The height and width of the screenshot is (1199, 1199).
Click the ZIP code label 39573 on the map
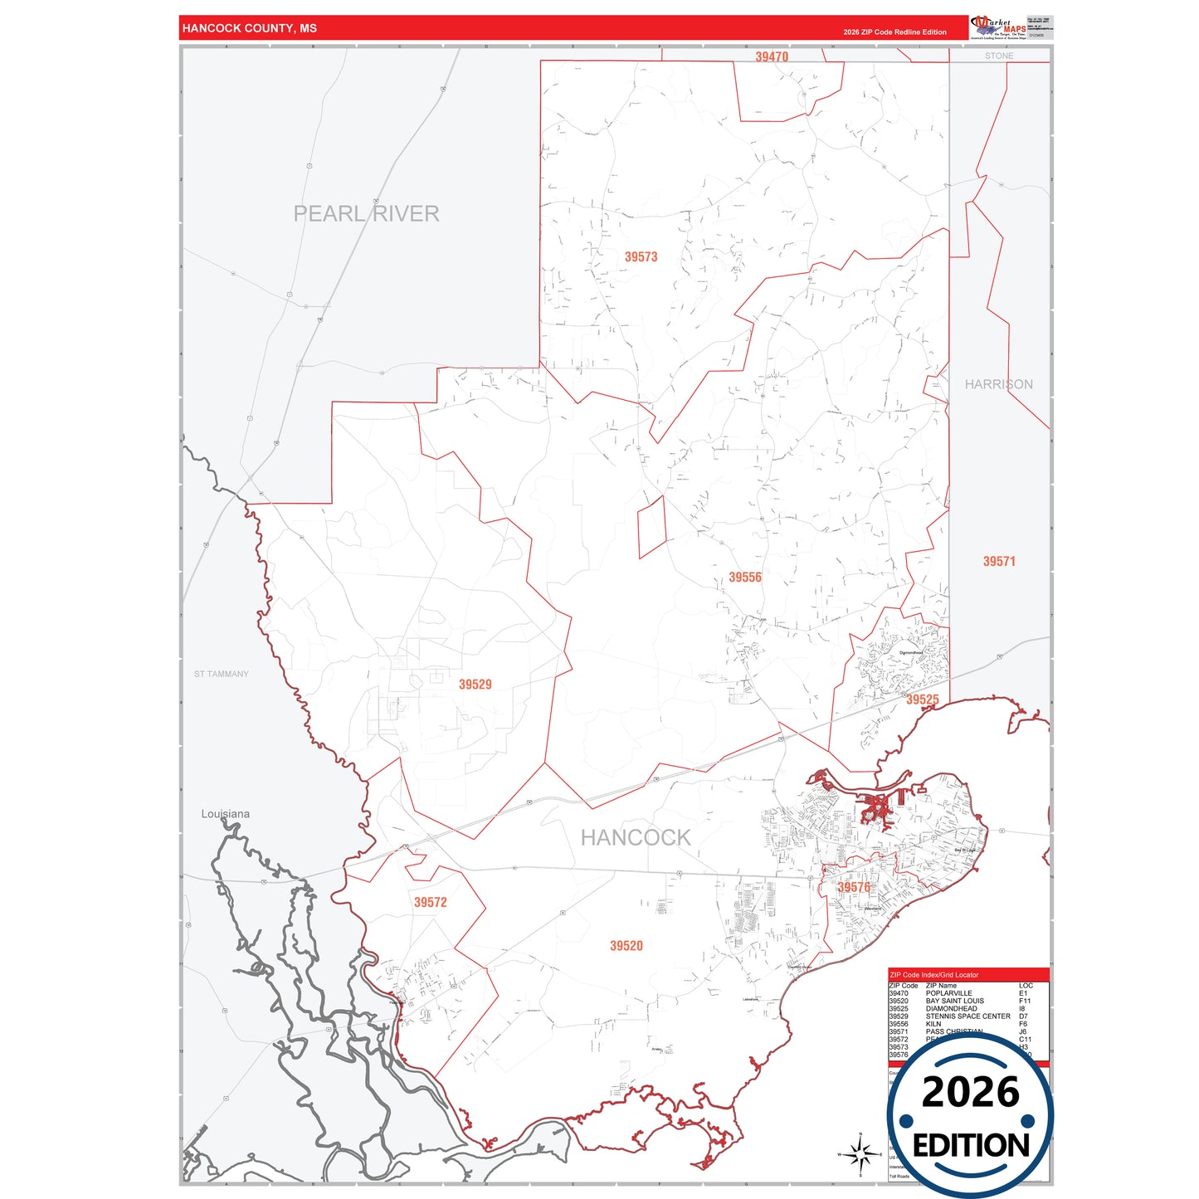[x=641, y=257]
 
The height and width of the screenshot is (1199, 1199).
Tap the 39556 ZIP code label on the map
[x=744, y=578]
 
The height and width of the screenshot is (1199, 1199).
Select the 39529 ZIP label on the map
[x=475, y=685]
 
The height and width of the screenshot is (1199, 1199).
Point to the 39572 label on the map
[x=430, y=902]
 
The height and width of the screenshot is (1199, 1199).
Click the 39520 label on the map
[x=626, y=946]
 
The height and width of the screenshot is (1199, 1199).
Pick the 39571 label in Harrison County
[x=998, y=562]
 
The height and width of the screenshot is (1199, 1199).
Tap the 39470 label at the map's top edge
[x=771, y=57]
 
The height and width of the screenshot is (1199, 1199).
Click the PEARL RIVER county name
[x=366, y=214]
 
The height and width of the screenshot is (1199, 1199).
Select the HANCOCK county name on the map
[x=635, y=838]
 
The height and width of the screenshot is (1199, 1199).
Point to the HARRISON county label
[x=998, y=384]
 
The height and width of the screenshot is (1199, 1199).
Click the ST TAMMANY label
[x=221, y=674]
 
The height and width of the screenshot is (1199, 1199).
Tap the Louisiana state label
[x=225, y=814]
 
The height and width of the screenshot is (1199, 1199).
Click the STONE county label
[x=998, y=56]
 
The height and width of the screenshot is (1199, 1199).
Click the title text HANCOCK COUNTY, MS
[x=249, y=28]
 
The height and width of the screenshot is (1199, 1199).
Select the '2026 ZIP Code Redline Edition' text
[x=894, y=32]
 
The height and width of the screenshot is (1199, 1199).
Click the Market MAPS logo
[x=998, y=27]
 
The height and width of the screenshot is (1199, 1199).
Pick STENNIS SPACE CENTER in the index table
[x=967, y=1016]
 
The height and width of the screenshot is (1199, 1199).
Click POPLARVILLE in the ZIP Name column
[x=948, y=993]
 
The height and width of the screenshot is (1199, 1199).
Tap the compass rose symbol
[x=860, y=1153]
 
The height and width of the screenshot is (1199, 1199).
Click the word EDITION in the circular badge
[x=970, y=1146]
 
